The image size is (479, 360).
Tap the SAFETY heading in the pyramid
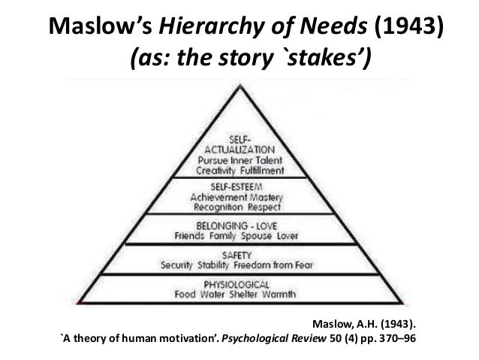[x=238, y=255]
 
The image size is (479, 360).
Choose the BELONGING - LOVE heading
[x=237, y=222]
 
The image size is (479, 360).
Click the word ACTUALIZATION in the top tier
[x=238, y=150]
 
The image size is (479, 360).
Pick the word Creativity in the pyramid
[x=212, y=171]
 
